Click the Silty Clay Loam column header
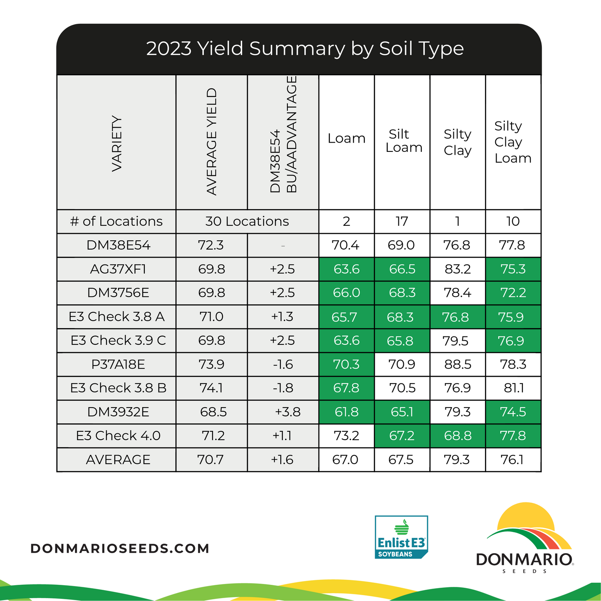[x=513, y=142]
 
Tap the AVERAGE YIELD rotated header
[x=212, y=141]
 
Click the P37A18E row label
[x=118, y=364]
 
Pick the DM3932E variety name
[x=118, y=412]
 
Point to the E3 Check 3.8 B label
[x=118, y=388]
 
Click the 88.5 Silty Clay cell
[x=458, y=364]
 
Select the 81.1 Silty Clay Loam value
[x=513, y=388]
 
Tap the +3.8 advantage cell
[x=287, y=412]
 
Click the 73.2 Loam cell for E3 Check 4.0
[x=346, y=435]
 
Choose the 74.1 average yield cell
[x=211, y=388]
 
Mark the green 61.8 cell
[x=346, y=412]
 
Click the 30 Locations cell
[x=247, y=221]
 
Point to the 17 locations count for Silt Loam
[x=402, y=221]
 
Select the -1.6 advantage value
[x=283, y=364]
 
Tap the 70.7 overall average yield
[x=210, y=460]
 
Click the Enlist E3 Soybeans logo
[x=401, y=537]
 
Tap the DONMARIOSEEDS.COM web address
[x=120, y=548]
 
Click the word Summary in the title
[x=297, y=49]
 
